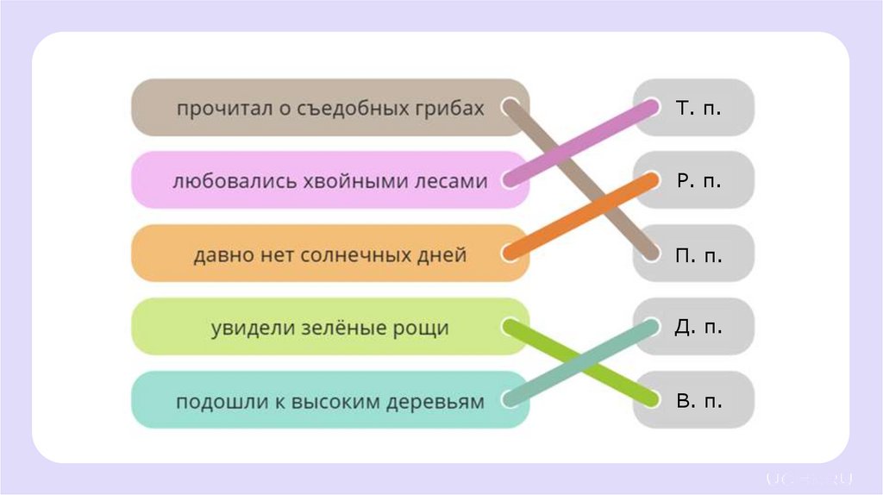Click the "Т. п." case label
point(698,109)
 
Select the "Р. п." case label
point(698,181)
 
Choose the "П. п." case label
point(698,255)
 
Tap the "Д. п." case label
point(698,328)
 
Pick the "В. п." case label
point(698,401)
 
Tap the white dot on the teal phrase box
point(510,400)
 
